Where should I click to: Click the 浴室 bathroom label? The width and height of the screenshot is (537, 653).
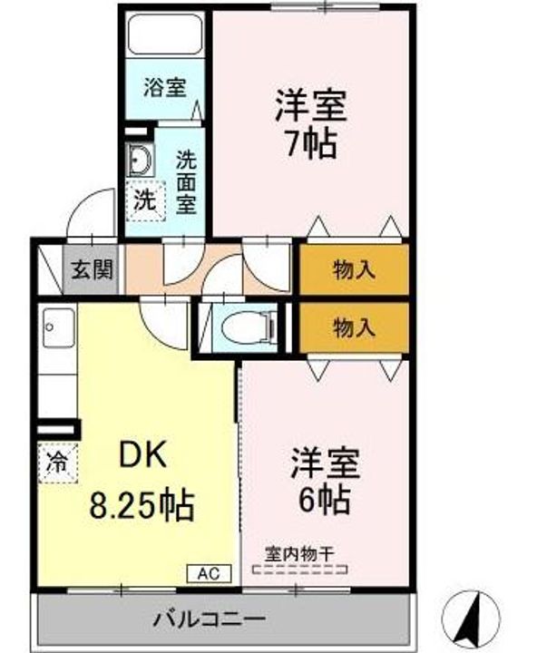[164, 89]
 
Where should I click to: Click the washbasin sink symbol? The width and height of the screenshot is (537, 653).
[141, 161]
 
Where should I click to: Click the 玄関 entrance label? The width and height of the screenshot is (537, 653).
[93, 269]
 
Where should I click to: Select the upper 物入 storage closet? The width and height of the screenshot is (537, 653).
[355, 269]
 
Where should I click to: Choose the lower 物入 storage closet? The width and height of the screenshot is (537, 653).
[355, 326]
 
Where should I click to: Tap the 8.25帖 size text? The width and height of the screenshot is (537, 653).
[141, 503]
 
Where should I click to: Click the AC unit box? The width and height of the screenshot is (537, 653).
[210, 573]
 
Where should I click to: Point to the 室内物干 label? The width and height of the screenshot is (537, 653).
[299, 551]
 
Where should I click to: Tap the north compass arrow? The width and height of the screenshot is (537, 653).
[472, 619]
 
